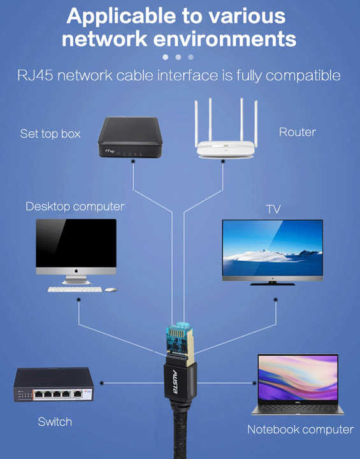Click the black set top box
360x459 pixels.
point(130,137)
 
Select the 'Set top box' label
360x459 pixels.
point(50,134)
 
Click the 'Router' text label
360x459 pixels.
point(298,132)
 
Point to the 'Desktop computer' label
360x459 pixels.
point(75,207)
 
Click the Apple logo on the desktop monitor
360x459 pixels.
point(76,271)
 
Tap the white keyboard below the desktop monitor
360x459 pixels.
point(75,289)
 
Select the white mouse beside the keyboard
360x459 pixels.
point(111,289)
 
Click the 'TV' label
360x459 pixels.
point(273,209)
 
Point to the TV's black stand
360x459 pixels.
point(273,283)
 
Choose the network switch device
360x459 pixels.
point(54,384)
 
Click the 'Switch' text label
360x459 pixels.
point(55,422)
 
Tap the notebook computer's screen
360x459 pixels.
point(298,377)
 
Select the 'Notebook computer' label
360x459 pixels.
point(301,430)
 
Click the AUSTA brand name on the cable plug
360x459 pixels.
point(175,382)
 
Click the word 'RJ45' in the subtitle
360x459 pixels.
point(35,75)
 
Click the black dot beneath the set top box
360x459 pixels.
point(133,161)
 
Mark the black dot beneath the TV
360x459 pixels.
point(275,300)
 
